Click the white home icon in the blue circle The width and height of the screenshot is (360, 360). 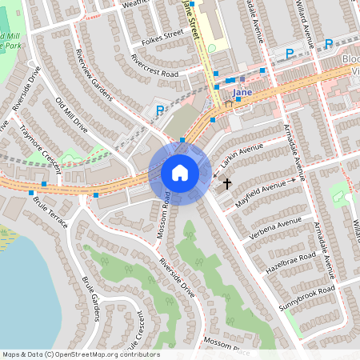[179, 172]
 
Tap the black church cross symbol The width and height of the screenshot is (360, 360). [226, 184]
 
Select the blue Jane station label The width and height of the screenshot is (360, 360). [242, 93]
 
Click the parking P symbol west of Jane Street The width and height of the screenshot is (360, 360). [160, 110]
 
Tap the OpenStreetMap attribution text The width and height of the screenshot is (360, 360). [80, 354]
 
